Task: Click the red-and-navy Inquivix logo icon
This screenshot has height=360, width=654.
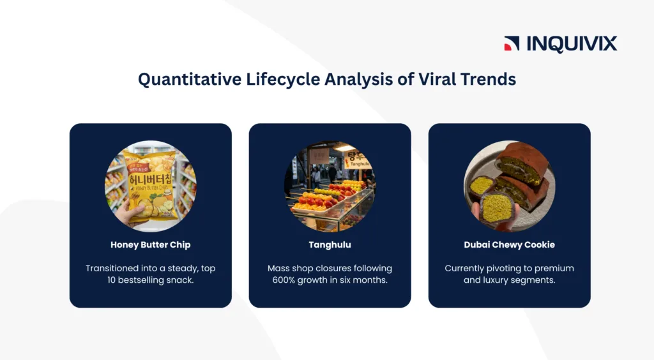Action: tap(512, 43)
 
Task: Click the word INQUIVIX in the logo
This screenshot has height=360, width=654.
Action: tap(572, 44)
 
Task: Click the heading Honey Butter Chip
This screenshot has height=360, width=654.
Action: tap(151, 244)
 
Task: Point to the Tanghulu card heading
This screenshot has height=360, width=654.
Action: tap(330, 244)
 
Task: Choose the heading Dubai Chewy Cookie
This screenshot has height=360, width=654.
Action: tap(509, 244)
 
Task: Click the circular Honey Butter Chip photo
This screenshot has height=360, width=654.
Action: tap(151, 186)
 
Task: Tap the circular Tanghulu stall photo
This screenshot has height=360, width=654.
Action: tap(330, 186)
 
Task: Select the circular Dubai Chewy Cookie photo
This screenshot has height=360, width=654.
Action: tap(509, 186)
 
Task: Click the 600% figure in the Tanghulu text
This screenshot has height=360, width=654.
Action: tap(284, 280)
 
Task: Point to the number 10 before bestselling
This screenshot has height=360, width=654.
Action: tap(111, 280)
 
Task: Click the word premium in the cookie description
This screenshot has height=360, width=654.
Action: tap(554, 269)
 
